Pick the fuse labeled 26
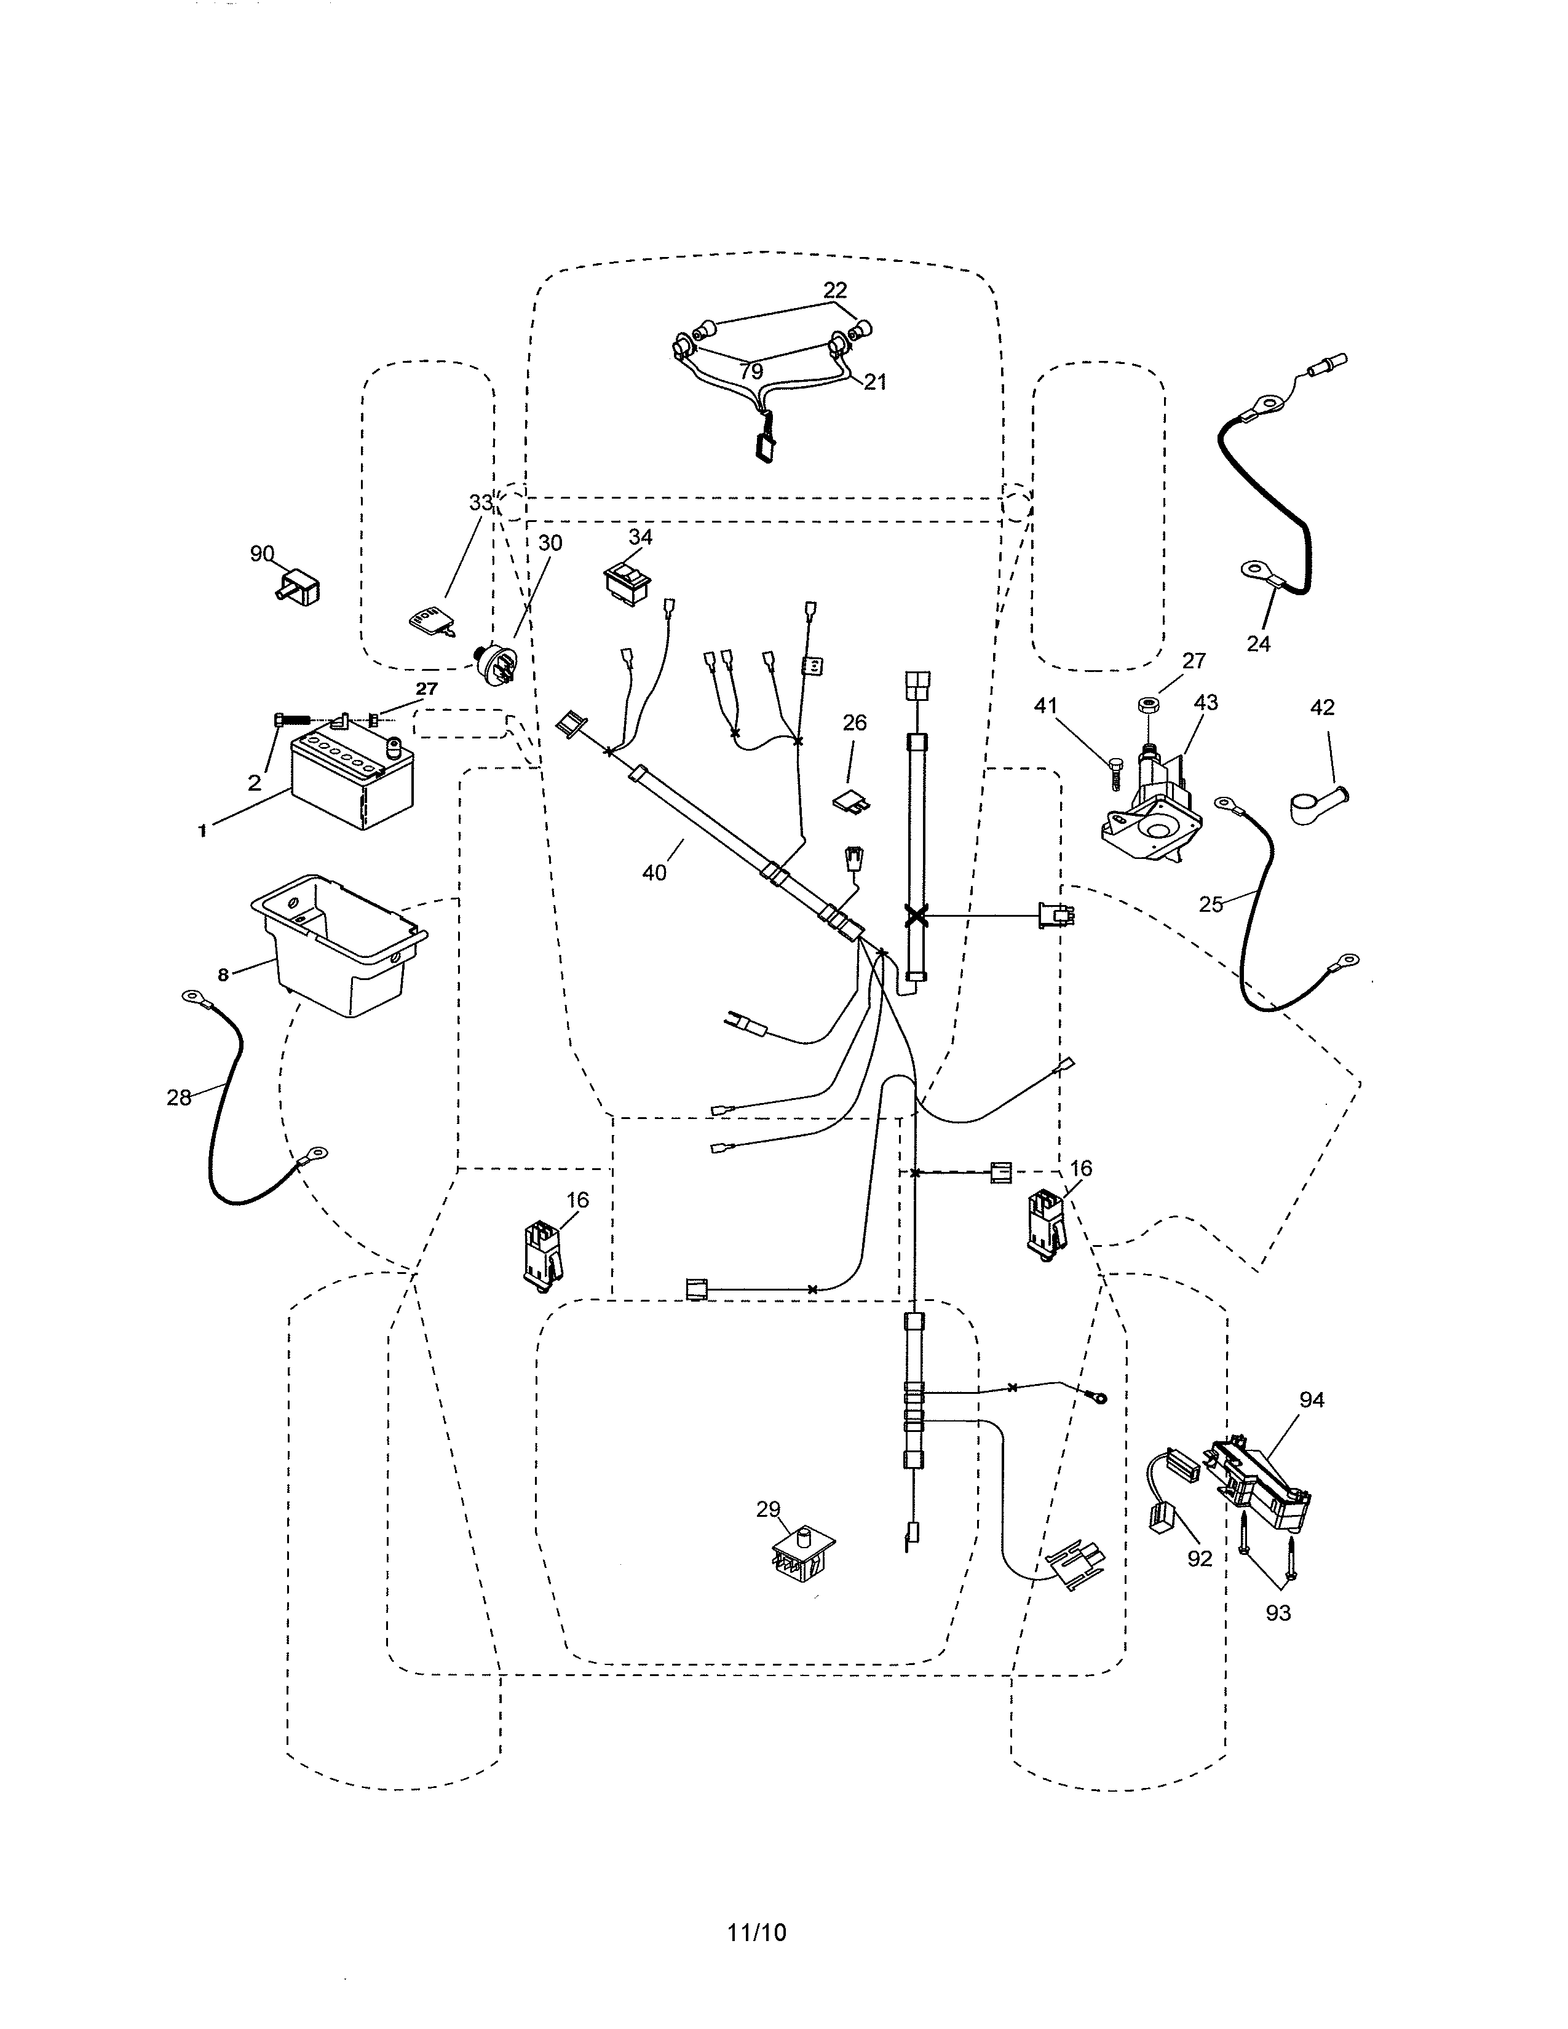[x=848, y=800]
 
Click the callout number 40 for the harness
[x=654, y=873]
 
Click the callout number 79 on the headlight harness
[x=751, y=371]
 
